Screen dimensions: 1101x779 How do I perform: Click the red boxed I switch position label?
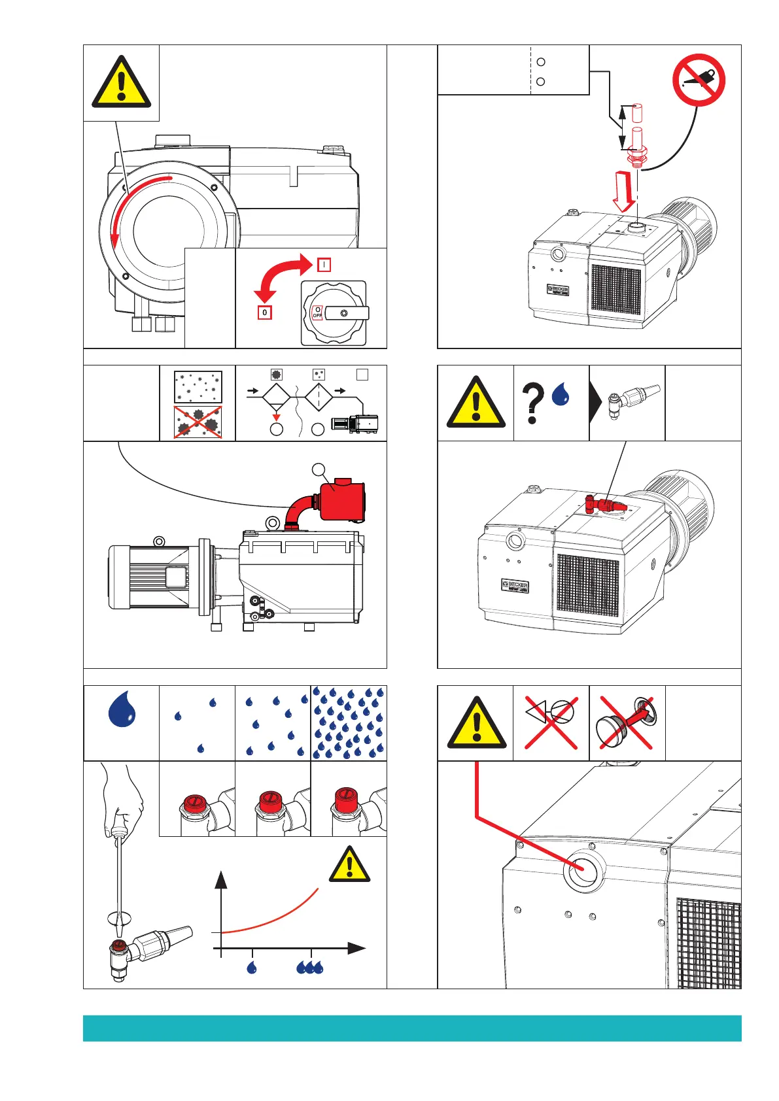tap(324, 265)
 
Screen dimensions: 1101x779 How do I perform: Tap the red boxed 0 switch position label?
tap(264, 313)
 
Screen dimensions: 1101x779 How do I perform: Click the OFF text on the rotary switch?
tap(317, 315)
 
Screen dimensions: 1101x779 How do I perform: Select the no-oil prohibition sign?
tap(699, 80)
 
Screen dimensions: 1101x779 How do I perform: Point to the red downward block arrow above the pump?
tap(624, 190)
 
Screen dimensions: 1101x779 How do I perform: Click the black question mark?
tap(532, 403)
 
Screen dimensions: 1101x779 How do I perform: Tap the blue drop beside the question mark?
tap(561, 394)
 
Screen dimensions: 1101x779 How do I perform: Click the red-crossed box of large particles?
tap(198, 422)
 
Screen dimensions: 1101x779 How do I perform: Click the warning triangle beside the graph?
tap(349, 865)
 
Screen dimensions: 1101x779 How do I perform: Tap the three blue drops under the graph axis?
tap(309, 967)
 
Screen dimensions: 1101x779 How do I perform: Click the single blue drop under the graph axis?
tap(252, 967)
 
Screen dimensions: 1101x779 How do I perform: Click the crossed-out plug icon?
tap(627, 722)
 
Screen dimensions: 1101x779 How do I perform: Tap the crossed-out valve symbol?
tap(551, 722)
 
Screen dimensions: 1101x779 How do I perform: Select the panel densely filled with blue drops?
tap(349, 722)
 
